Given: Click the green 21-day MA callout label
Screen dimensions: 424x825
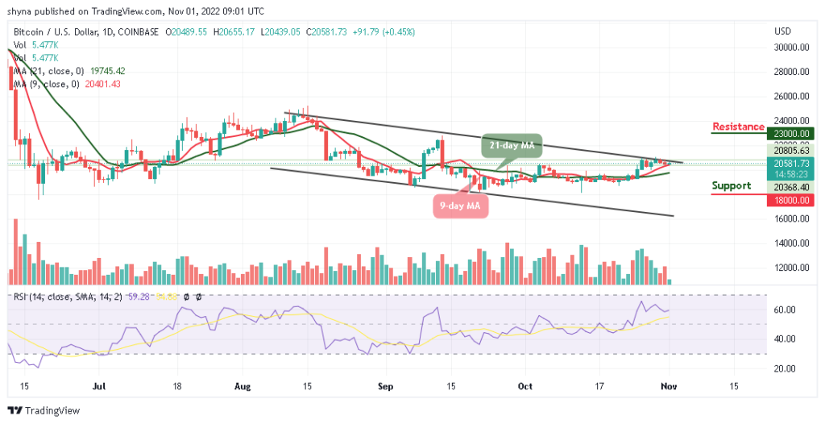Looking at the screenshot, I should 512,145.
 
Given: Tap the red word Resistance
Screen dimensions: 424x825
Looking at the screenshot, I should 738,127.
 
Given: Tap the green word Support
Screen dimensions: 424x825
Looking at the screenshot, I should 731,185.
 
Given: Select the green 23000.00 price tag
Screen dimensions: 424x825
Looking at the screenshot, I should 790,134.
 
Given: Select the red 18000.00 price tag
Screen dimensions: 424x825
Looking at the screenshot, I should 790,200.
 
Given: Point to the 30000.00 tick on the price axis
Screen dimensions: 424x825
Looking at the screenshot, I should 790,48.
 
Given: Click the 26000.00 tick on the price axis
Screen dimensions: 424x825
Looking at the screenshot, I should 790,97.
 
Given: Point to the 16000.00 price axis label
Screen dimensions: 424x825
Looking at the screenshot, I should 790,218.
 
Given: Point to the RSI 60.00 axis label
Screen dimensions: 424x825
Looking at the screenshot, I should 785,310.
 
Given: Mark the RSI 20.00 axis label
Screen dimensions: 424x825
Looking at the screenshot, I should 785,368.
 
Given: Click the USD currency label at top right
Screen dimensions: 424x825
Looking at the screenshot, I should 782,31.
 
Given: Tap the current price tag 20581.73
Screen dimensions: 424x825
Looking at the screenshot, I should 790,162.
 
